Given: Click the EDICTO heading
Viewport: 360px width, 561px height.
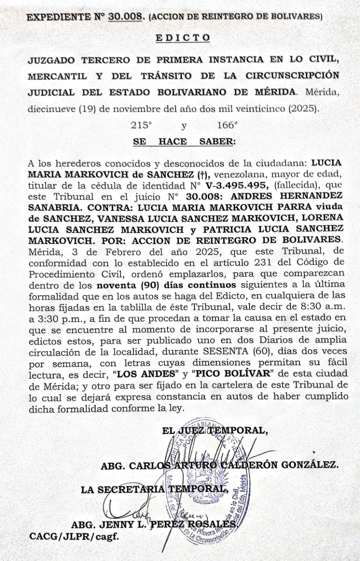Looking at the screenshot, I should pos(183,38).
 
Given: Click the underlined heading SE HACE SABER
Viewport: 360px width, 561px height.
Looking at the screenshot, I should pos(184,142).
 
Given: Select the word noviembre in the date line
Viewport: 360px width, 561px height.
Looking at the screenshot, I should pos(132,109).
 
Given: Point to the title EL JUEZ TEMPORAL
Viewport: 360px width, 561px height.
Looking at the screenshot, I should pos(214,430).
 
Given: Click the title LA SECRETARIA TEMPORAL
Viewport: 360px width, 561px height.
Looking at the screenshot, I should pos(154,489).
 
